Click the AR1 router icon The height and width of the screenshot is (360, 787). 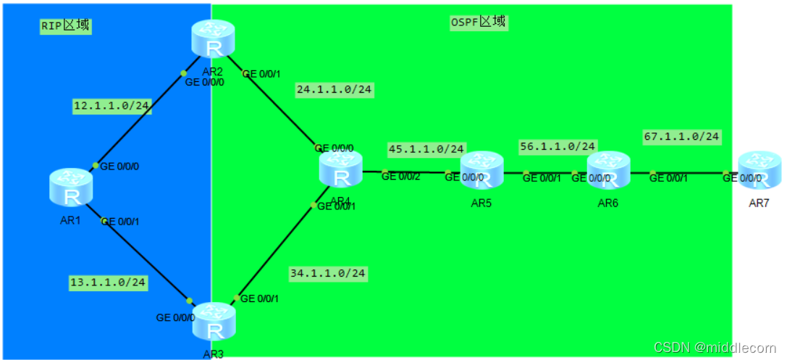pyautogui.click(x=71, y=186)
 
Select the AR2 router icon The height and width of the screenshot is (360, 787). pyautogui.click(x=214, y=41)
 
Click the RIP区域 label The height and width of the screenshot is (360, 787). pyautogui.click(x=65, y=25)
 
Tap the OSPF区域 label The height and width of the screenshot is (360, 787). pyautogui.click(x=478, y=22)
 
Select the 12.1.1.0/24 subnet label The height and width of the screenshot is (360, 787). pyautogui.click(x=111, y=106)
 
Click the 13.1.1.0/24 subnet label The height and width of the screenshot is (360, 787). pyautogui.click(x=108, y=282)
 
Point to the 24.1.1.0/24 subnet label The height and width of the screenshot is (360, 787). pyautogui.click(x=334, y=90)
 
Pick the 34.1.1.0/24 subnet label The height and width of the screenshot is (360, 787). pyautogui.click(x=328, y=273)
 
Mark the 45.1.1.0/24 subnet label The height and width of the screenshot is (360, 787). pyautogui.click(x=426, y=148)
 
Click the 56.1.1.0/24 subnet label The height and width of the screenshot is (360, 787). pyautogui.click(x=557, y=146)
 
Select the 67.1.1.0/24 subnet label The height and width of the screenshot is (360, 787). pyautogui.click(x=681, y=135)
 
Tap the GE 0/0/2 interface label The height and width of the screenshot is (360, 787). pyautogui.click(x=400, y=176)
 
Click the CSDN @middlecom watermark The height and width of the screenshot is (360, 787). pyautogui.click(x=715, y=347)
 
